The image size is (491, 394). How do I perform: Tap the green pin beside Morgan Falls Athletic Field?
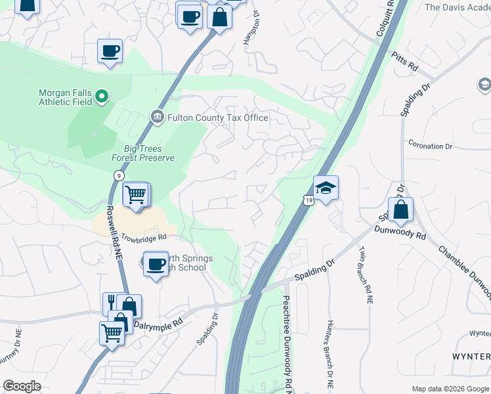[x=102, y=97]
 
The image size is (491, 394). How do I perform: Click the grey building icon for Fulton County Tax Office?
[x=158, y=118]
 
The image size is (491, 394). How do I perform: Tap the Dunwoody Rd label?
[x=400, y=231]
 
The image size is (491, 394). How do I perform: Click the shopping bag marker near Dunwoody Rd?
[x=400, y=210]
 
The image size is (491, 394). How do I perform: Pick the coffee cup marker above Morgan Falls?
[x=110, y=51]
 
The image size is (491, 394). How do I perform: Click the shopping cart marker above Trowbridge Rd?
[x=135, y=194]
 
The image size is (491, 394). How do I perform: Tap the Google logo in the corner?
[x=22, y=386]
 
